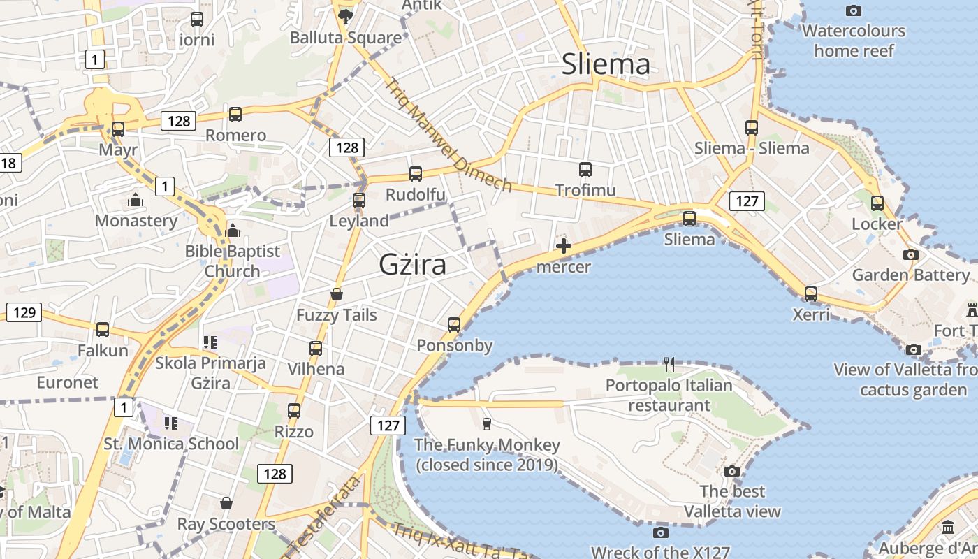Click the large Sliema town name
(606, 64)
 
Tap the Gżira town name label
(412, 265)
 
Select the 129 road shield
(24, 312)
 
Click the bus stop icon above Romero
(235, 114)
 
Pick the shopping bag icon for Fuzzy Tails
(337, 294)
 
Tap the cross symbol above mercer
(563, 246)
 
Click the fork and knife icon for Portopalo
(669, 364)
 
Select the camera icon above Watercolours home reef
(853, 10)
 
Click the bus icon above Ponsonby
(454, 324)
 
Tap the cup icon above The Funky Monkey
(487, 423)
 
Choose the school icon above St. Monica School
(171, 423)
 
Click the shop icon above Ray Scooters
(226, 503)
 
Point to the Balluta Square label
(346, 38)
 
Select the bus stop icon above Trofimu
(585, 169)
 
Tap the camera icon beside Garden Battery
(910, 255)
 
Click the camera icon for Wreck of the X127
(660, 533)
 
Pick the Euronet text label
(68, 382)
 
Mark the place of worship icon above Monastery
(136, 201)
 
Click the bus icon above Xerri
(811, 293)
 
